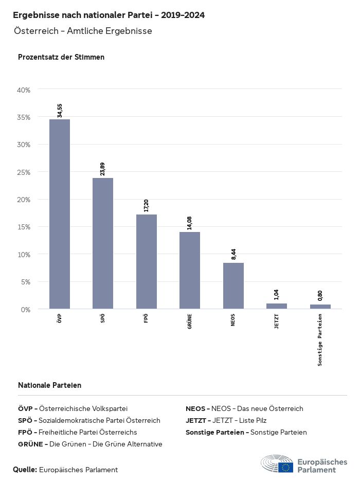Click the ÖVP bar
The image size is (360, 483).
tap(60, 214)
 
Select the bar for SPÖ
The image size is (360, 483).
tap(103, 243)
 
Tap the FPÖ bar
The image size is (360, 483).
tap(147, 261)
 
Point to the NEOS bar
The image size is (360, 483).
tap(233, 285)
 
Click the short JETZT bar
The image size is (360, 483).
tap(277, 306)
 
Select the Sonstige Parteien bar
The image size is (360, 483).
tap(320, 307)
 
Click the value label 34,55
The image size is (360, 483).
tap(60, 111)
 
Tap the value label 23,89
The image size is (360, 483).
tap(103, 169)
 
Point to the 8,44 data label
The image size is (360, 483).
tap(233, 254)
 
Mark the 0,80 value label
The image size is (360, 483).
tap(320, 296)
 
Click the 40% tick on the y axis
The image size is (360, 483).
tap(24, 90)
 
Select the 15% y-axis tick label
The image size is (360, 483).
tap(24, 227)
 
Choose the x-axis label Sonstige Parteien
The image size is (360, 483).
tap(320, 340)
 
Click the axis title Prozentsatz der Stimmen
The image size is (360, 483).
tap(61, 57)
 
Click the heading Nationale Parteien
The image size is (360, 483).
tap(49, 385)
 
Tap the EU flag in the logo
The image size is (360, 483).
tap(286, 467)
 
